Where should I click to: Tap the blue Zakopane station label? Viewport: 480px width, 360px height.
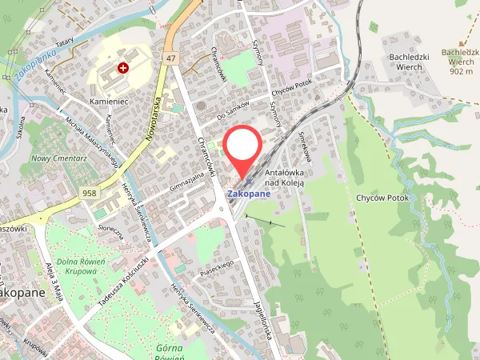tap(249, 193)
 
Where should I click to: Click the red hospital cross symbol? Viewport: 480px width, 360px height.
tap(123, 69)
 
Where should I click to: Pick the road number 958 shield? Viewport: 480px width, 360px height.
tap(90, 194)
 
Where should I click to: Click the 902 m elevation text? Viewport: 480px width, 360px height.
tap(462, 71)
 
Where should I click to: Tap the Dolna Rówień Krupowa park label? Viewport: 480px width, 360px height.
tap(78, 266)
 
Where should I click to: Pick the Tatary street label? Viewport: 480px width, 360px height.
tap(65, 42)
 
